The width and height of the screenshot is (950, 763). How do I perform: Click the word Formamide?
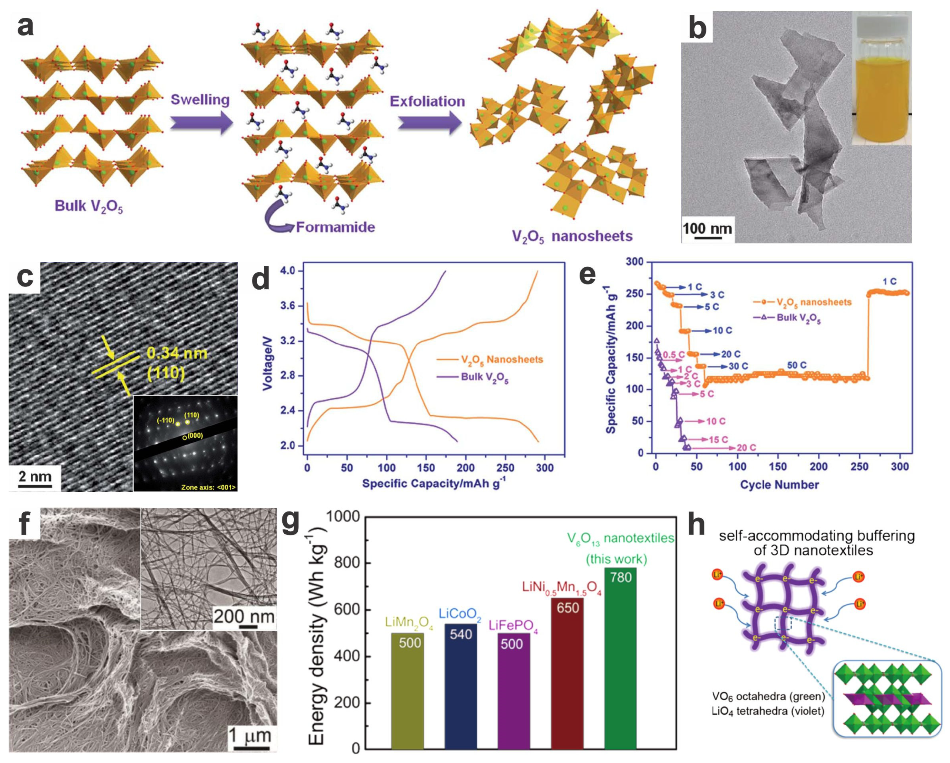(x=335, y=227)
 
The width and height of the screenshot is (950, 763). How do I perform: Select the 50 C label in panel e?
(x=797, y=365)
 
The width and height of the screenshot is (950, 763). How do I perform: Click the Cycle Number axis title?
(x=779, y=484)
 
